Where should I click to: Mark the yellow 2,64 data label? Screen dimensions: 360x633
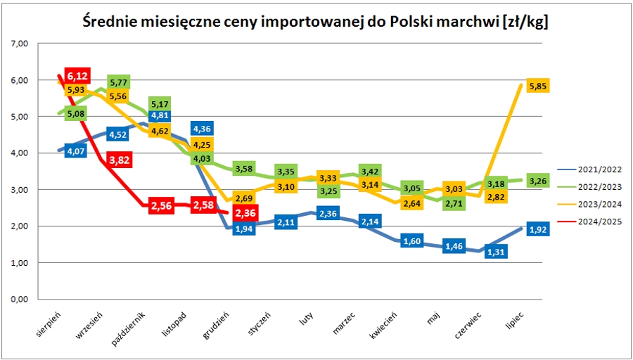410,205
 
